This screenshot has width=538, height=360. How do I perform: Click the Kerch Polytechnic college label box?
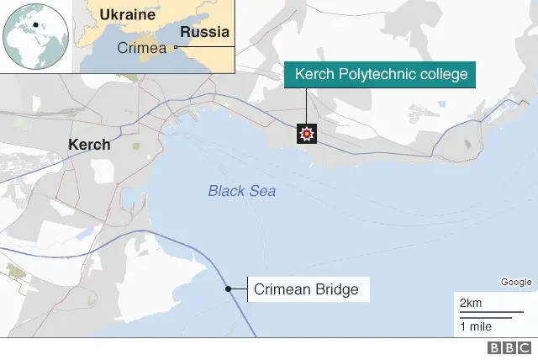click(381, 75)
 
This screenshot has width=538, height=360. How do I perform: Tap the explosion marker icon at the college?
click(307, 134)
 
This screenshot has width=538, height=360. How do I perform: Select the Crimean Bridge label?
click(306, 290)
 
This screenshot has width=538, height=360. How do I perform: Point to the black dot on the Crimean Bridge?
click(228, 289)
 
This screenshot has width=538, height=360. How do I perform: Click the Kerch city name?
click(89, 145)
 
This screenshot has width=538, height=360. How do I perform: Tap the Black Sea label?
click(241, 191)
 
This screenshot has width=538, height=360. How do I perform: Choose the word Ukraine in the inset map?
click(128, 15)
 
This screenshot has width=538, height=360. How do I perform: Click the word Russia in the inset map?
click(205, 33)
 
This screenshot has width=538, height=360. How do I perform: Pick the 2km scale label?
click(470, 302)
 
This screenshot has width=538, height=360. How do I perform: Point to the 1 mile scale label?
click(476, 326)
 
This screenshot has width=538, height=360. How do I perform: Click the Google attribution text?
click(516, 282)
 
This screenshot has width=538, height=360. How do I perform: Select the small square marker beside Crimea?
click(176, 48)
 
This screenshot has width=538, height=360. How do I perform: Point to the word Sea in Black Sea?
click(261, 191)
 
